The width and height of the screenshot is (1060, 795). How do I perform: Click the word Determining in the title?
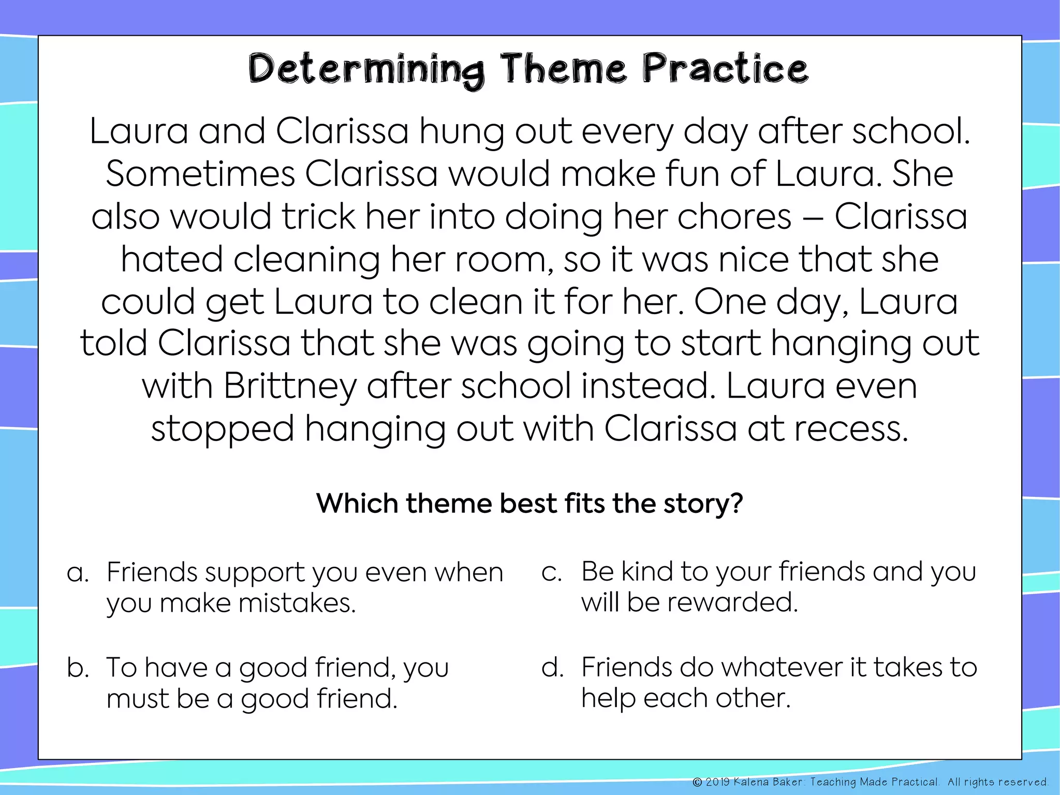point(366,70)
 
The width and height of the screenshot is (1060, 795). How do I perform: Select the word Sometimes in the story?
point(200,174)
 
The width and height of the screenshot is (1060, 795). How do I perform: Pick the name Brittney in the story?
point(290,387)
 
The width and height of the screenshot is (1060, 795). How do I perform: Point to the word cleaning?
point(306,259)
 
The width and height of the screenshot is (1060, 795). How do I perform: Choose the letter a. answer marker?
point(78,573)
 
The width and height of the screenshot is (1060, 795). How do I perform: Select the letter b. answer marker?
point(78,668)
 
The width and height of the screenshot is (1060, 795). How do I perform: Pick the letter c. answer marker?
point(552,572)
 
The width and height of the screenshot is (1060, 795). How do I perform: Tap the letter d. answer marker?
point(552,667)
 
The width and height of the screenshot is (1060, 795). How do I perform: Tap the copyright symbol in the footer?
point(697,782)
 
